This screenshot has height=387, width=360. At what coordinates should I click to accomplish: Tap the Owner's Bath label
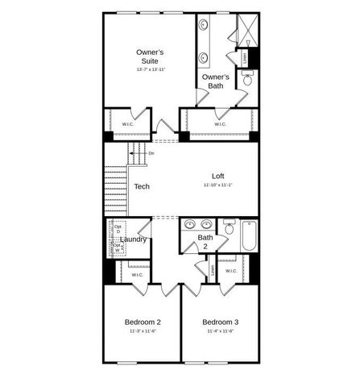tap(215, 81)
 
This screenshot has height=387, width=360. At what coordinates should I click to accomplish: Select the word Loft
tap(217, 176)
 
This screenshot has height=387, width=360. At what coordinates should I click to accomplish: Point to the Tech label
tap(142, 186)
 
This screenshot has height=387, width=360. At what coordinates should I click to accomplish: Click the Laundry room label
tap(133, 239)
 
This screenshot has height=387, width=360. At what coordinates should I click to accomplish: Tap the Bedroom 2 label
tap(143, 322)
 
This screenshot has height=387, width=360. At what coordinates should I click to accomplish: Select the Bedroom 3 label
tap(220, 322)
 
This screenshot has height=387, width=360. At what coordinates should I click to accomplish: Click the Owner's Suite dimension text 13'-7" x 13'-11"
tap(150, 70)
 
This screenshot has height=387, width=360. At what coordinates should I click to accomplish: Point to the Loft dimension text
tap(218, 185)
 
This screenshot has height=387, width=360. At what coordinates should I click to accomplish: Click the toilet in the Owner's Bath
tap(247, 79)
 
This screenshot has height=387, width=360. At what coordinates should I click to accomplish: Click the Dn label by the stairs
tap(151, 153)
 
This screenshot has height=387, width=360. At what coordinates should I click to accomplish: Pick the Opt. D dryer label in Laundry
tap(118, 229)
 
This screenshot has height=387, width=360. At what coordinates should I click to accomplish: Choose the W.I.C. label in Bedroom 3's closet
tap(231, 271)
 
